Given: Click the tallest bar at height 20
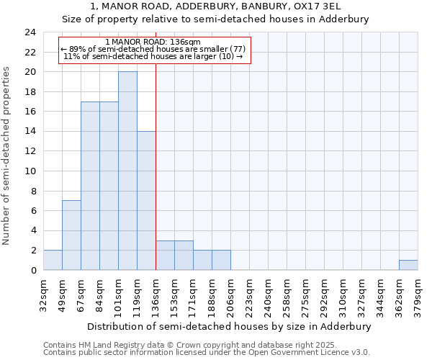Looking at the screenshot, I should pyautogui.click(x=127, y=171).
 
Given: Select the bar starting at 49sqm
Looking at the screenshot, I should pyautogui.click(x=71, y=235).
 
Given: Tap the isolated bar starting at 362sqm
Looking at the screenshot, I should pyautogui.click(x=408, y=265).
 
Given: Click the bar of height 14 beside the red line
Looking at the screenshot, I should pyautogui.click(x=146, y=201).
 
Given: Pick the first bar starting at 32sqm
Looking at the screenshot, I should pyautogui.click(x=53, y=260).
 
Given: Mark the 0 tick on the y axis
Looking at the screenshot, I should pyautogui.click(x=32, y=270).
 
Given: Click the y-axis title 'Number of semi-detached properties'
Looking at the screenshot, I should pyautogui.click(x=7, y=156).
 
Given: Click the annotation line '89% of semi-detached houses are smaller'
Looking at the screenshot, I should pyautogui.click(x=153, y=49).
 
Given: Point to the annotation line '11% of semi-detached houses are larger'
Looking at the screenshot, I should pyautogui.click(x=153, y=56).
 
